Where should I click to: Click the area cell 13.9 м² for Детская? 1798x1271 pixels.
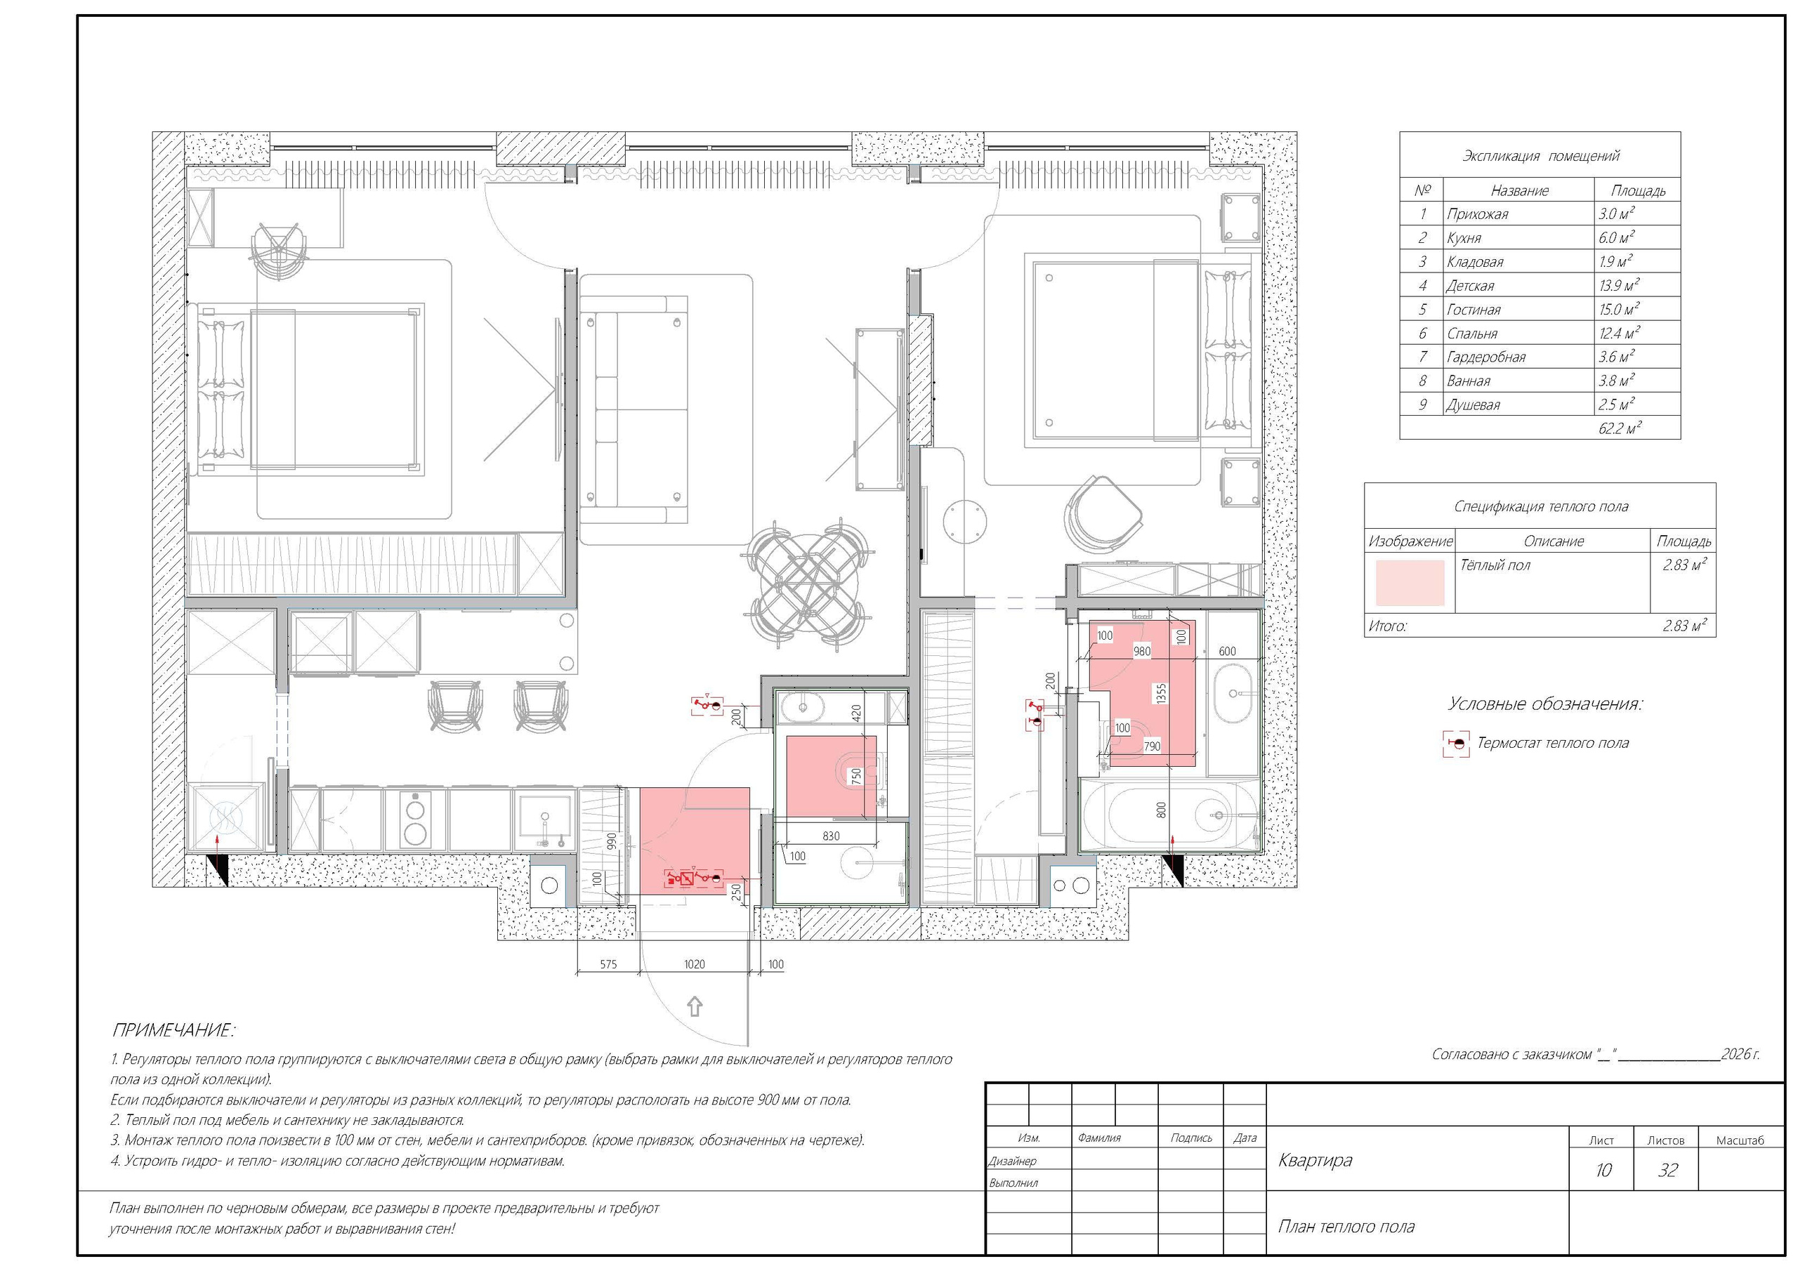(1619, 286)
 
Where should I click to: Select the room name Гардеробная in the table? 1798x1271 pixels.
(1486, 357)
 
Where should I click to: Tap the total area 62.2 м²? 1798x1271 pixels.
(1620, 428)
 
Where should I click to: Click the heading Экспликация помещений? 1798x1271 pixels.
(1540, 156)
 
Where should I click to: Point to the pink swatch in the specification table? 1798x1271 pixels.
(1410, 583)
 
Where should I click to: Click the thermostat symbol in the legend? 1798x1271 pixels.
(1456, 743)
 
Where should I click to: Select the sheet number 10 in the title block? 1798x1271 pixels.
(1603, 1170)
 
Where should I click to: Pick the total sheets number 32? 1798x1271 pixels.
(1668, 1170)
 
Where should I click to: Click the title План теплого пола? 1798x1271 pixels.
(1346, 1226)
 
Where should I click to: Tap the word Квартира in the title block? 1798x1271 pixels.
(1315, 1160)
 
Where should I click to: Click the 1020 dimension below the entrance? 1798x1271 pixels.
(694, 964)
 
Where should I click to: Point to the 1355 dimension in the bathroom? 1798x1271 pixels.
(1162, 692)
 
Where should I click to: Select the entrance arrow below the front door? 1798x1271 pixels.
(694, 1006)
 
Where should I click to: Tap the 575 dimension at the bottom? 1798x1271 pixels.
(608, 964)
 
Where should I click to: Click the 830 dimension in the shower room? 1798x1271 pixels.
(831, 836)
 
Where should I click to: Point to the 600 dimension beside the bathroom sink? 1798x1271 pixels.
(1227, 651)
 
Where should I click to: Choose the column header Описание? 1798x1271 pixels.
(1554, 541)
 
